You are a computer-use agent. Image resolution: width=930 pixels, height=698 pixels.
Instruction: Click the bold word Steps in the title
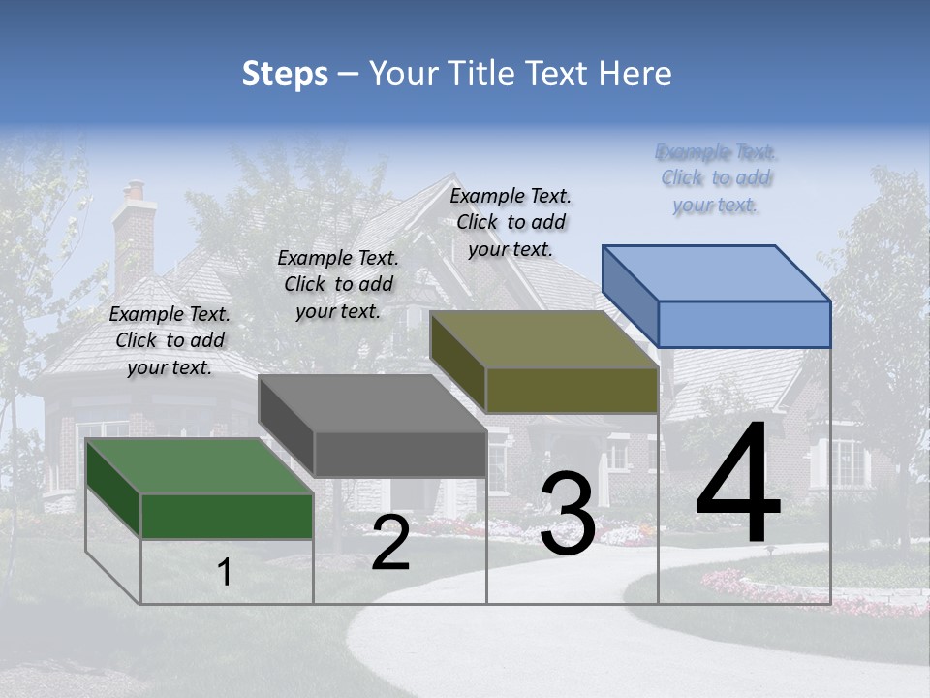(285, 74)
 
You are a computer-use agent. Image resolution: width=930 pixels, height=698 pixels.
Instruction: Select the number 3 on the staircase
(567, 514)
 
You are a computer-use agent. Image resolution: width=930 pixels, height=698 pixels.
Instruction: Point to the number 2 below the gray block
(390, 543)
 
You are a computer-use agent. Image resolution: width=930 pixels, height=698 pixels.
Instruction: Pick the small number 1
(225, 573)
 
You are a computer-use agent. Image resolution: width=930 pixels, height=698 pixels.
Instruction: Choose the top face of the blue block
(717, 272)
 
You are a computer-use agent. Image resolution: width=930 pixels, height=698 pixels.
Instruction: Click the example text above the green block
(170, 340)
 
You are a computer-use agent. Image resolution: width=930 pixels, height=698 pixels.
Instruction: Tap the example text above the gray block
(338, 284)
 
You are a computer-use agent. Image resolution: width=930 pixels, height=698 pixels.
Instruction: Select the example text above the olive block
(511, 222)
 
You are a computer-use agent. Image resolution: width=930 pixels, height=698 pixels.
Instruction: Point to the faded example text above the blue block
(717, 178)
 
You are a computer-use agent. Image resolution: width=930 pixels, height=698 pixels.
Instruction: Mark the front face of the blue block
(744, 324)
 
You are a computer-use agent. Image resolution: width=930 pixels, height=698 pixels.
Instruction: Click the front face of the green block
(227, 516)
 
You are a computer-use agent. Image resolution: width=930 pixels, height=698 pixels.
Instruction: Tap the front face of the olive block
(572, 390)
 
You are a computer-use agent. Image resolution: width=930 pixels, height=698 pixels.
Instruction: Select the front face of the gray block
(399, 454)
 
